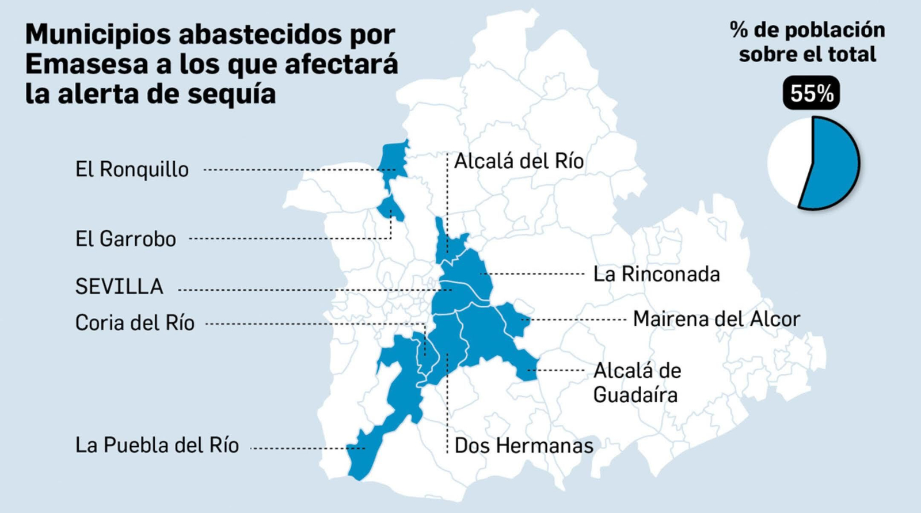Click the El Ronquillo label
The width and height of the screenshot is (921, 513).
tap(132, 170)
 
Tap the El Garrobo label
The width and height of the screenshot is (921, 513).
tap(125, 239)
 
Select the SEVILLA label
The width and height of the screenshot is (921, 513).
tap(119, 287)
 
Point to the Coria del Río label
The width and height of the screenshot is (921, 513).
tap(135, 323)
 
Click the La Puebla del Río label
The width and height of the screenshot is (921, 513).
tap(157, 446)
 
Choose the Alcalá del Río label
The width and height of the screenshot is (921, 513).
tap(519, 161)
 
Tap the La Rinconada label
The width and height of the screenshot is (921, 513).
tap(656, 274)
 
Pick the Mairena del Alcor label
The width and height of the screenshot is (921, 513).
tap(716, 319)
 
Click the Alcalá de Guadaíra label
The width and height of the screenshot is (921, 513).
tap(637, 383)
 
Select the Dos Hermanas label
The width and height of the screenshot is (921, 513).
tap(524, 446)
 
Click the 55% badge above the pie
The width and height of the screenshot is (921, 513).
tap(811, 94)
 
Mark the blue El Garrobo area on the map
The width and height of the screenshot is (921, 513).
tap(390, 207)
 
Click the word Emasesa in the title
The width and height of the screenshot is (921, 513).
tap(86, 64)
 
